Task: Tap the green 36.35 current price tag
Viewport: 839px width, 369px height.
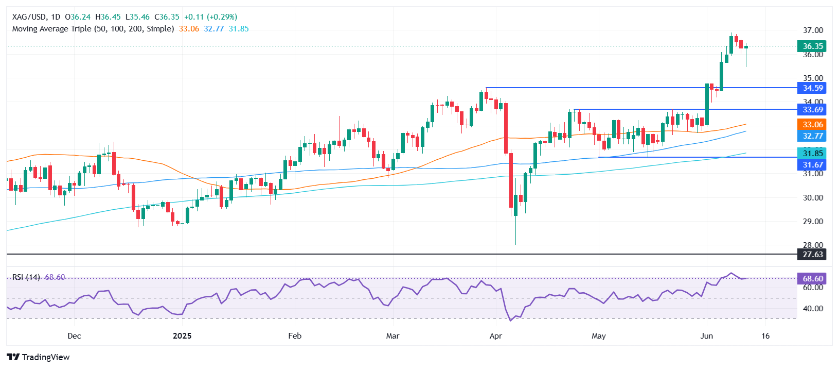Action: tap(812, 46)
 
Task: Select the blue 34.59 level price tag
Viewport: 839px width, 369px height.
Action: tap(812, 88)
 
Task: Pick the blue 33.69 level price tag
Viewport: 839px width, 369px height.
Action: tap(812, 109)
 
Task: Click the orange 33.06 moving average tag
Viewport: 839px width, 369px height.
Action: tap(812, 124)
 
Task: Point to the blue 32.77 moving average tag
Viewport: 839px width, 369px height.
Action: tap(812, 136)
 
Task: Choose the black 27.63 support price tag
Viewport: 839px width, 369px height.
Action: tap(812, 254)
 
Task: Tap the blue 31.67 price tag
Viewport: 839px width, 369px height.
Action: tap(812, 165)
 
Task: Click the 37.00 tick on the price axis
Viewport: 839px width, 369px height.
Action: tap(813, 30)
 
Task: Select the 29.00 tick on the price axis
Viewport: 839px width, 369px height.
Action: tap(813, 221)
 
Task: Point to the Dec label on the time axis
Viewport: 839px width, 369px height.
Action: tap(74, 336)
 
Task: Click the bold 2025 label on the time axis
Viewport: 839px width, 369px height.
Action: tap(182, 336)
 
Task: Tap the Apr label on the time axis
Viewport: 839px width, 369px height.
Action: tap(495, 336)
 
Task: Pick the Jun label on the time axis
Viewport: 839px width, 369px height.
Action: tap(707, 336)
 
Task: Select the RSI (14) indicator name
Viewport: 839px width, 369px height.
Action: tap(26, 277)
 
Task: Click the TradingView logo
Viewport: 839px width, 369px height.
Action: tap(38, 357)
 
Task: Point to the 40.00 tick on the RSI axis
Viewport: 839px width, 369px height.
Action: tap(813, 309)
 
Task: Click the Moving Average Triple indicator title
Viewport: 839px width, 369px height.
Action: tap(93, 29)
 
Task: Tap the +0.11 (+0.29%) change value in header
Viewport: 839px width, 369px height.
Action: tap(210, 17)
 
